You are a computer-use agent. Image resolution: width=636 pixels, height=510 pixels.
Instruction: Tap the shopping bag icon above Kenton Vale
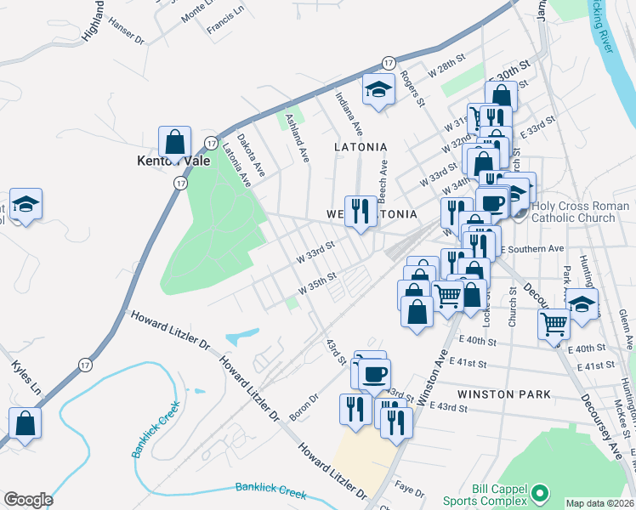point(174,141)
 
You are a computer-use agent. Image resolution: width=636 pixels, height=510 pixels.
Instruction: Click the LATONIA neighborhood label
point(361,147)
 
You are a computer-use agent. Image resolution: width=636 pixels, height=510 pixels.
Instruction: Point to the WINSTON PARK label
point(504,394)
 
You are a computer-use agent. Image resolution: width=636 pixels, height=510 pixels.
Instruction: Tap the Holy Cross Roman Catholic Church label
point(580,212)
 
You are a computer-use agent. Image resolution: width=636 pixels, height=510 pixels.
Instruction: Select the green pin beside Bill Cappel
point(537,492)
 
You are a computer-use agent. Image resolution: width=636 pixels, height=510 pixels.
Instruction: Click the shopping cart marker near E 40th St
point(554,323)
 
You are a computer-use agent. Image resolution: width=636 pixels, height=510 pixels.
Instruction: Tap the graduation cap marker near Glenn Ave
point(582,304)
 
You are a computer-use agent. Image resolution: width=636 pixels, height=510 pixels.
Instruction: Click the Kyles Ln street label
point(26,377)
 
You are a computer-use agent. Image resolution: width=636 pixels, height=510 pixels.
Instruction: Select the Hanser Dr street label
point(128,37)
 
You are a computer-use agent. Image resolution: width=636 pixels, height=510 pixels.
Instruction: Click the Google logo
point(28,500)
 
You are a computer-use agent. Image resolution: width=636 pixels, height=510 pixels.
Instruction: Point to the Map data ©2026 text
point(599,503)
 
